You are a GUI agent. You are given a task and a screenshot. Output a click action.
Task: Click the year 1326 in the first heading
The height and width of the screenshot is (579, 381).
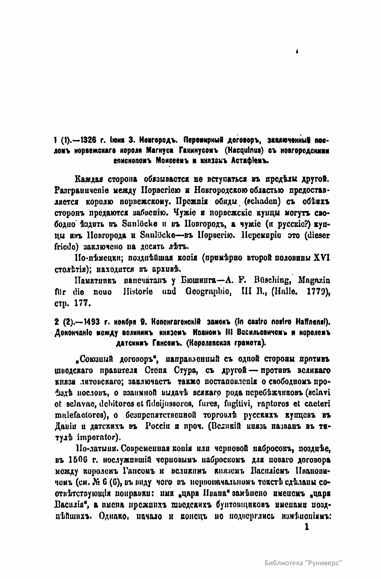pos(87,140)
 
